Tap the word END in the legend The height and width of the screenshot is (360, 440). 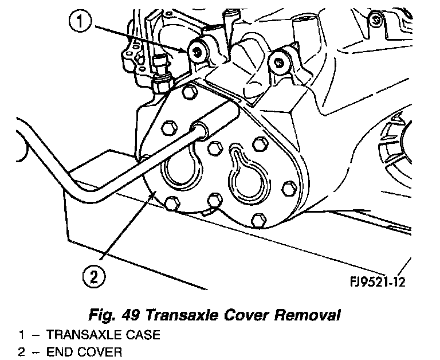[59, 351]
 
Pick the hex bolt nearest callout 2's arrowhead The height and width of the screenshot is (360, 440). [171, 201]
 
